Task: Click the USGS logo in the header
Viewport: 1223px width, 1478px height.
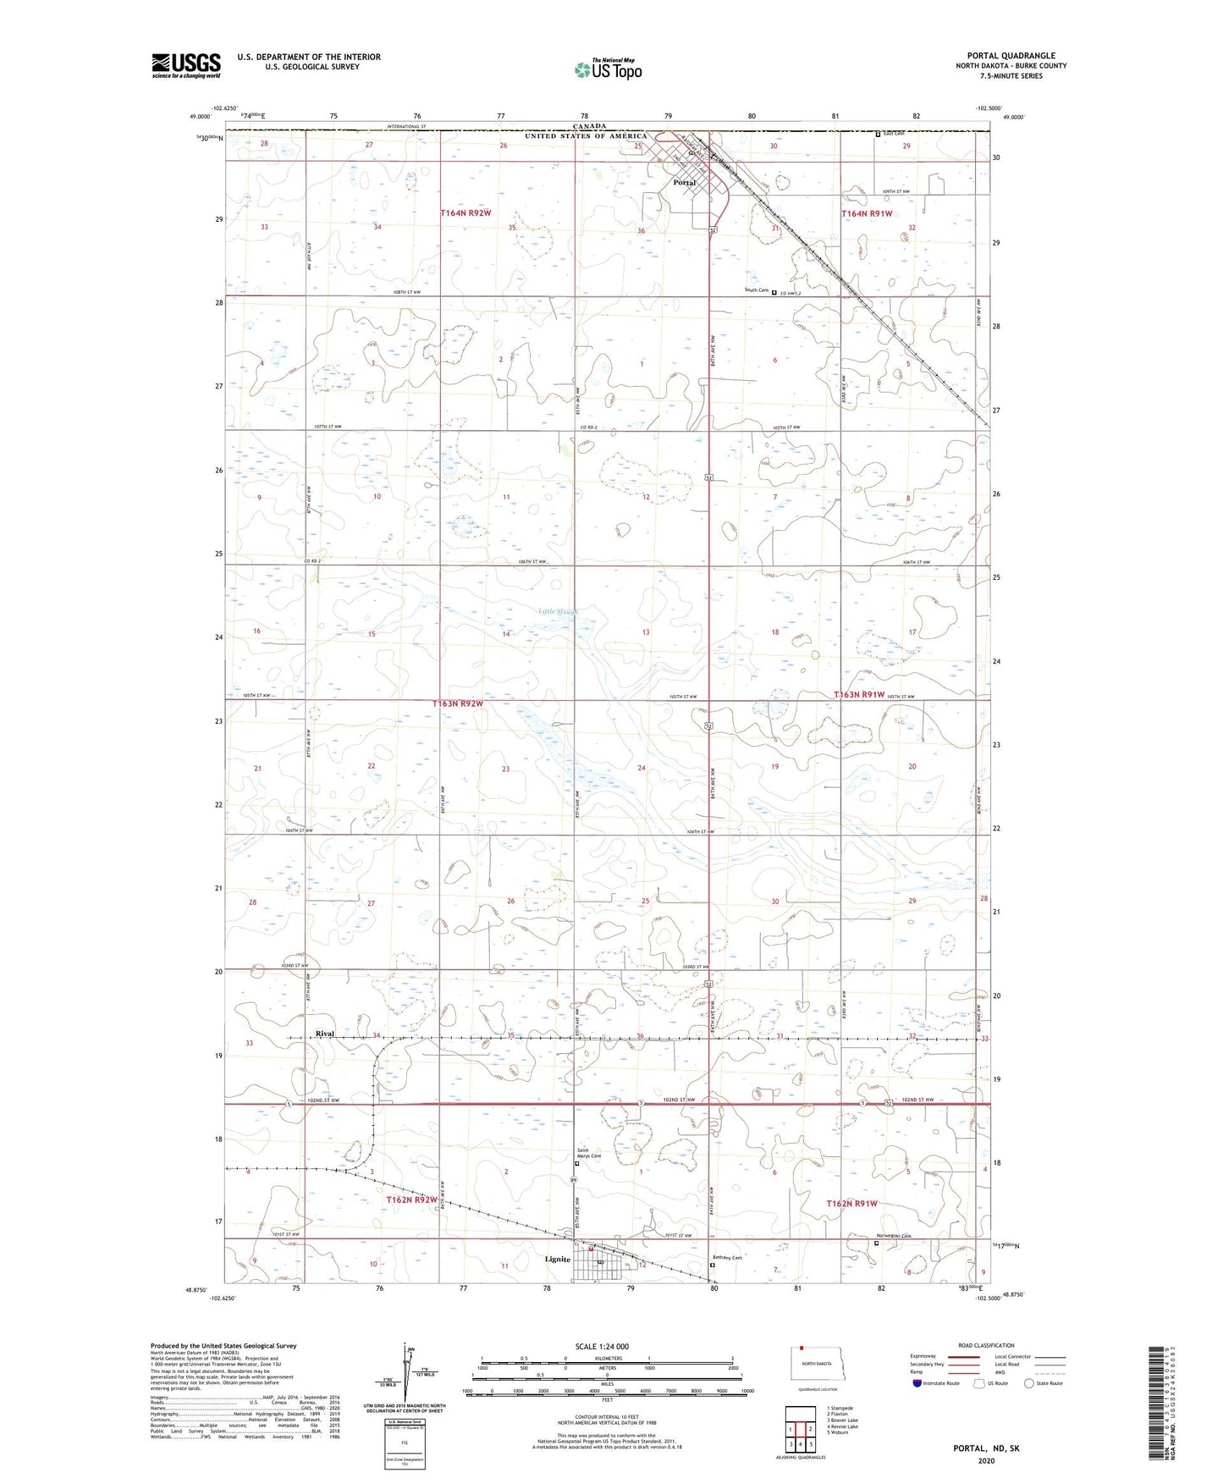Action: click(185, 65)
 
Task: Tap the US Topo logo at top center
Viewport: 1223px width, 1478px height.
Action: click(608, 69)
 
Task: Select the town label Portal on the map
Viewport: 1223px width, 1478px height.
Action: click(684, 183)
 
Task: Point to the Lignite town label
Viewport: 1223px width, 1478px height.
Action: click(557, 1259)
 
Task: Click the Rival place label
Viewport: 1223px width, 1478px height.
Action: click(325, 1034)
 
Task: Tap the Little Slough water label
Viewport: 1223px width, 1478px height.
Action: click(559, 611)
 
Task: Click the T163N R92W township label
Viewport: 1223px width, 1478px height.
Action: click(458, 703)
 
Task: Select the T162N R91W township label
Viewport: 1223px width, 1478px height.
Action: click(851, 1203)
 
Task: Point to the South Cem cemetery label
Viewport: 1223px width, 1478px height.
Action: click(757, 290)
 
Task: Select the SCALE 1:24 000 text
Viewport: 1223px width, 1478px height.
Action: click(602, 1346)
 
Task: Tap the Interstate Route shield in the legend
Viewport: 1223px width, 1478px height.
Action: click(918, 1383)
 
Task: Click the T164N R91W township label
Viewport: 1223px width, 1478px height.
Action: click(867, 214)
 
